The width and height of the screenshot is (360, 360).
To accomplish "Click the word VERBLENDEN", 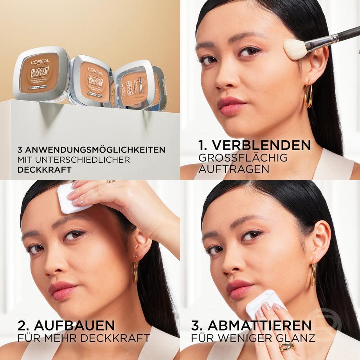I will (261, 145).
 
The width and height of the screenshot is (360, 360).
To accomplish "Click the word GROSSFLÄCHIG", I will (243, 158).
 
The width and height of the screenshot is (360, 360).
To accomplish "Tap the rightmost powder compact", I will (139, 86).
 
